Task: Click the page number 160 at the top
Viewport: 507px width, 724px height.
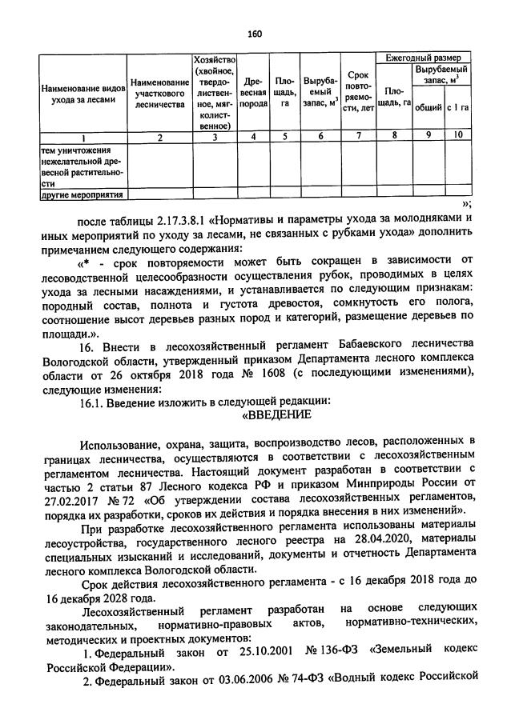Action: (x=256, y=34)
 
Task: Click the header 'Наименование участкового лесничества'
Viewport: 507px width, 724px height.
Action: (x=159, y=93)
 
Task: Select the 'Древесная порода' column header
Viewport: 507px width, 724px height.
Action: (x=254, y=93)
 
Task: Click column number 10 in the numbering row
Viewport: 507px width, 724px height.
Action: (x=457, y=136)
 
